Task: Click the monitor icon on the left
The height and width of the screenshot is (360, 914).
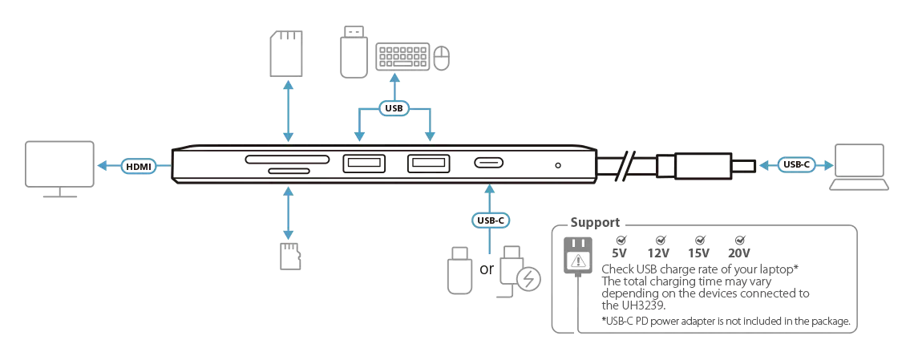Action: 59,166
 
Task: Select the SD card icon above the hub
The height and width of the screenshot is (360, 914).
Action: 286,53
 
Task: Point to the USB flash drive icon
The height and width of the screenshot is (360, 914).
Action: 352,53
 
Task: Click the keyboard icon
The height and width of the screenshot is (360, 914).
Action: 401,57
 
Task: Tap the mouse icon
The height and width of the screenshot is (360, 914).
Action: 441,57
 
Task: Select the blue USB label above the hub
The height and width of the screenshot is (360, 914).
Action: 394,107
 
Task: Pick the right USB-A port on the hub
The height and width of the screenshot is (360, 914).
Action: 427,164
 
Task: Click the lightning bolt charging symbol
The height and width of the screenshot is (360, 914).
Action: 528,279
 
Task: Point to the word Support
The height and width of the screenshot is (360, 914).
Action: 594,222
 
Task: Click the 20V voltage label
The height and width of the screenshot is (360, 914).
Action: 739,252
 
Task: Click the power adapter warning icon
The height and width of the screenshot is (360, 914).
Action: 576,258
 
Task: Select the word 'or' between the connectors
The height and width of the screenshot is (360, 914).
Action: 487,269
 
